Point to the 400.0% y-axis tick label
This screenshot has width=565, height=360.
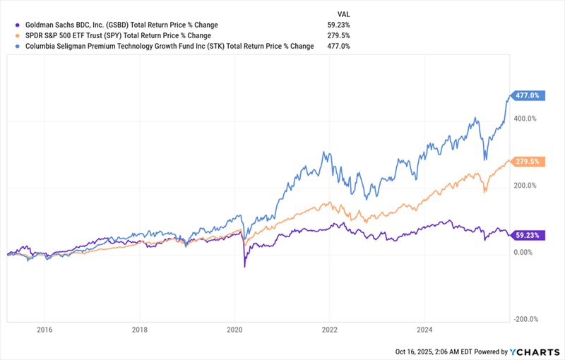click(x=525, y=119)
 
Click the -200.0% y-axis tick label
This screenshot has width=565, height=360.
click(x=524, y=318)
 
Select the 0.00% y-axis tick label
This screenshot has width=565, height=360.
click(x=524, y=252)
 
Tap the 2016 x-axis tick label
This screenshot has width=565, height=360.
click(x=44, y=329)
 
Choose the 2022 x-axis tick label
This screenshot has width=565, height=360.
click(x=329, y=329)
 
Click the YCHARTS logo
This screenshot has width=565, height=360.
click(x=535, y=351)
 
